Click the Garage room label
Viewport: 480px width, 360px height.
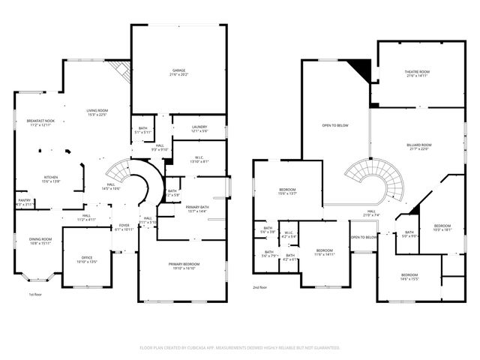[x=178, y=73]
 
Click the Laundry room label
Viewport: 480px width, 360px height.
[x=199, y=129]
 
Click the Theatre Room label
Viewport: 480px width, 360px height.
[x=416, y=73]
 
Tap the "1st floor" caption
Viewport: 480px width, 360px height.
[x=35, y=295]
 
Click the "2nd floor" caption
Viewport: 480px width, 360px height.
[x=260, y=287]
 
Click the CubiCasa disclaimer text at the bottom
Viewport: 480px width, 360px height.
[x=240, y=348]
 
